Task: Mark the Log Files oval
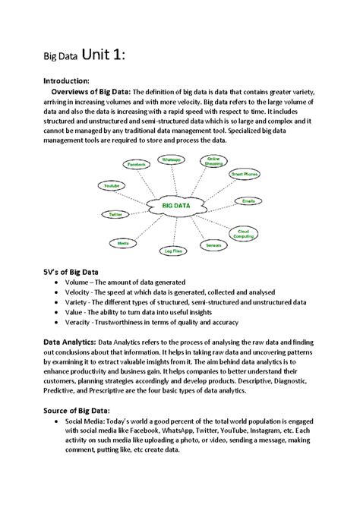(x=172, y=248)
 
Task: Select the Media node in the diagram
(x=123, y=242)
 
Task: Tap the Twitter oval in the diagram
(x=115, y=215)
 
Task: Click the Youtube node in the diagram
(x=112, y=186)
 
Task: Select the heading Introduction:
(x=66, y=80)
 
